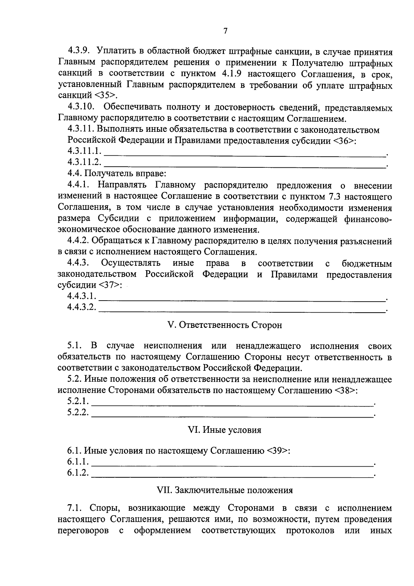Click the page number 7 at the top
coord(225,31)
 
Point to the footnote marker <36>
coord(343,141)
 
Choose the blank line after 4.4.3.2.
coord(241,308)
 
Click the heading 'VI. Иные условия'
coord(224,430)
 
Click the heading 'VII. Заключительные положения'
coord(225,490)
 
